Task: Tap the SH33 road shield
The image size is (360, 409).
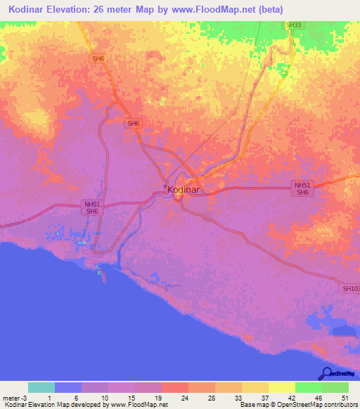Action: (x=293, y=25)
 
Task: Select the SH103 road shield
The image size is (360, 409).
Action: (x=350, y=288)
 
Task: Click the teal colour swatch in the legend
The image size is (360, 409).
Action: (x=41, y=387)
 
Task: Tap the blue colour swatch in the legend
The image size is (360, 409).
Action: (x=68, y=387)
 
